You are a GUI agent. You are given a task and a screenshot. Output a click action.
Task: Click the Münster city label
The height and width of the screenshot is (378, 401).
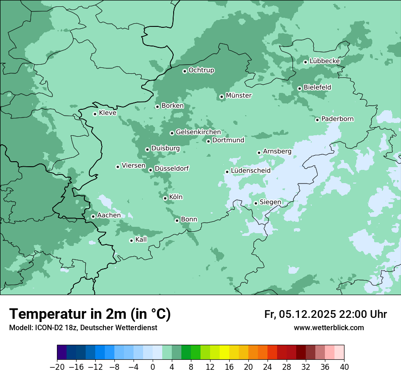(238, 96)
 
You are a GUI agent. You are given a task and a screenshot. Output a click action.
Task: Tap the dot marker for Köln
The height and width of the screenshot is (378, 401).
(165, 198)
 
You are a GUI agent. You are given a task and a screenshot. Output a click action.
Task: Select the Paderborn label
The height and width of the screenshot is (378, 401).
(337, 119)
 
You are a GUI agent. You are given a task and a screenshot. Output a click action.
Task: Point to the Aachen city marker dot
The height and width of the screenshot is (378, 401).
(93, 216)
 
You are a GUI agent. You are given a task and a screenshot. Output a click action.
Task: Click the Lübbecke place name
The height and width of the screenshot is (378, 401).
(324, 61)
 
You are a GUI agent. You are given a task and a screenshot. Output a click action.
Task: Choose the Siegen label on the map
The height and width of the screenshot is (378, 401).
(270, 202)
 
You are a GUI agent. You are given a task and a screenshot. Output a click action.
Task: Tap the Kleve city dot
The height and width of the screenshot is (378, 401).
(95, 114)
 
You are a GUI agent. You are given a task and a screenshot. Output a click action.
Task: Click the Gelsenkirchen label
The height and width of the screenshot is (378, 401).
(198, 132)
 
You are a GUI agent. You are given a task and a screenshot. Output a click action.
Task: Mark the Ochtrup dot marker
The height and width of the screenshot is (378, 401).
(185, 71)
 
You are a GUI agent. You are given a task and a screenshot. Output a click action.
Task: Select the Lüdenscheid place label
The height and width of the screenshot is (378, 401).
(251, 171)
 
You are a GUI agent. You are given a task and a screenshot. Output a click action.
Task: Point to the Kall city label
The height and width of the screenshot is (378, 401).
(141, 240)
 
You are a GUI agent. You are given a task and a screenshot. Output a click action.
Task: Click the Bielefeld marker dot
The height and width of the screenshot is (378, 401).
(299, 88)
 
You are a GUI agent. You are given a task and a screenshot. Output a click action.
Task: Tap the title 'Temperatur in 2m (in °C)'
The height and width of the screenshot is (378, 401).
(90, 314)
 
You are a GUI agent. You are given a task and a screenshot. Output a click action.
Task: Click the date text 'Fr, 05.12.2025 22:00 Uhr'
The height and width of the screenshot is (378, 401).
(325, 314)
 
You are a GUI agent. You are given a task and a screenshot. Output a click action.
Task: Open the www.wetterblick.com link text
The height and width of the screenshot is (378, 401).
(329, 327)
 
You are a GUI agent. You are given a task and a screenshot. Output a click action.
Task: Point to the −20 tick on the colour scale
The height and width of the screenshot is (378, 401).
(57, 367)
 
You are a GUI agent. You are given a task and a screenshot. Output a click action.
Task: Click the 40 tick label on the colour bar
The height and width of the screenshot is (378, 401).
(344, 367)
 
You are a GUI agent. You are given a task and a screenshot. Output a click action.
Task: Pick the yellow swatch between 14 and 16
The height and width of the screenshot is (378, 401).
(224, 352)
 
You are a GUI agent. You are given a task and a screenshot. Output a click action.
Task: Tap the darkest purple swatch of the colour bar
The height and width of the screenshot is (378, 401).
(62, 352)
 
